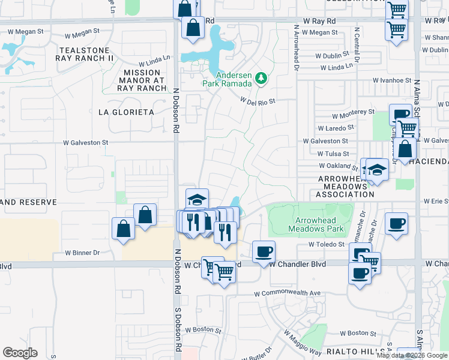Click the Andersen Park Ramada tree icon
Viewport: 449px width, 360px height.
click(261, 78)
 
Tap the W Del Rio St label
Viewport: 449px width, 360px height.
click(258, 101)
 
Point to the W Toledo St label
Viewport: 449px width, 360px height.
click(327, 244)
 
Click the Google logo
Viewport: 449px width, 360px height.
click(20, 353)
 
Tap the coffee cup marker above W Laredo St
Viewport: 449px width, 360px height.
click(400, 114)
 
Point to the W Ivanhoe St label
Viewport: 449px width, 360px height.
click(392, 80)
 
